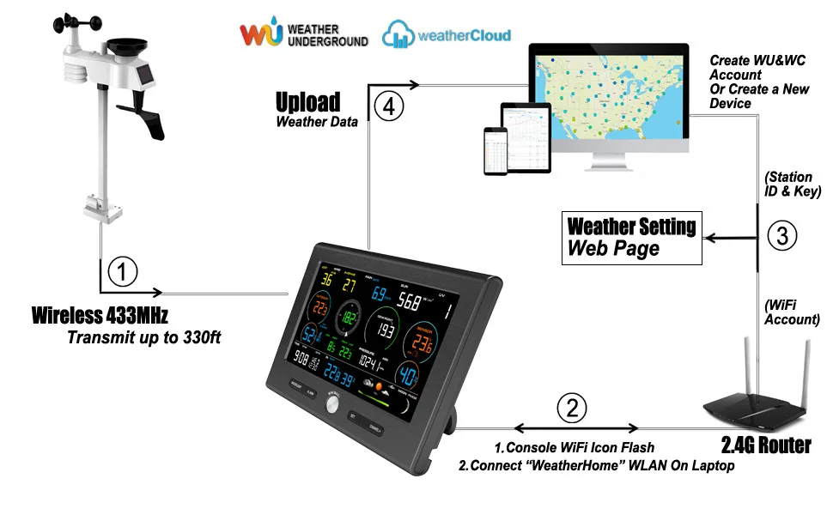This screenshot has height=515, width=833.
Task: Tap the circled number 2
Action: (x=573, y=407)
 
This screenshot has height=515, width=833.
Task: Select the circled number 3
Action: (x=781, y=235)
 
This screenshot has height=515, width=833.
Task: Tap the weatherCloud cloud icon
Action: (x=398, y=35)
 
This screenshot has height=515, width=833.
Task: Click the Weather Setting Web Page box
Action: (x=630, y=237)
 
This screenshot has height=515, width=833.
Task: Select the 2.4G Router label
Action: (x=765, y=445)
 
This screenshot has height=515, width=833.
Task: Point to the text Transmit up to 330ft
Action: (x=143, y=337)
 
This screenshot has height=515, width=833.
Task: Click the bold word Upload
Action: (x=307, y=102)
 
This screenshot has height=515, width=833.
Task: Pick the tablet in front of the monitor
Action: (x=525, y=136)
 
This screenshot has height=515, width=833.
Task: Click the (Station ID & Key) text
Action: (x=793, y=185)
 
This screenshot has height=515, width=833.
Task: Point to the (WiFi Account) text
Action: (x=792, y=312)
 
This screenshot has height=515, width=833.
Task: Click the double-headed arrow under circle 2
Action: (x=575, y=427)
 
